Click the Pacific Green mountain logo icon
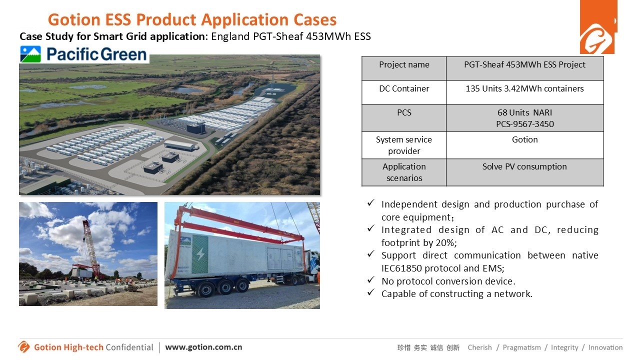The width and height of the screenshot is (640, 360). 30,54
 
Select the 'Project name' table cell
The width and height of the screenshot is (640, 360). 404,68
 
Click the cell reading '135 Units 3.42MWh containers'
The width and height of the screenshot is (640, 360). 524,92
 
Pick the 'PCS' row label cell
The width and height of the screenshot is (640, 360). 404,117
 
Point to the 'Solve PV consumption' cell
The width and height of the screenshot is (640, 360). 524,172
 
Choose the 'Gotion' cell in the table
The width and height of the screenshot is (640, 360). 524,145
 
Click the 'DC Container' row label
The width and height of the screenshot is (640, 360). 404,92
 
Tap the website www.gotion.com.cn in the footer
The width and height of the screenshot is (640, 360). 203,347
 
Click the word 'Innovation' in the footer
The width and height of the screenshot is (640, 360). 605,347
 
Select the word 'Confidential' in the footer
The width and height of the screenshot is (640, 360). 129,347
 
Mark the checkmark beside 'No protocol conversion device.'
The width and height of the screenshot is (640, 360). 371,279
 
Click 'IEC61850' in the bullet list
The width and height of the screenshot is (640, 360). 401,268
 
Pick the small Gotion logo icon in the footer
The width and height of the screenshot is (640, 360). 23,347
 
